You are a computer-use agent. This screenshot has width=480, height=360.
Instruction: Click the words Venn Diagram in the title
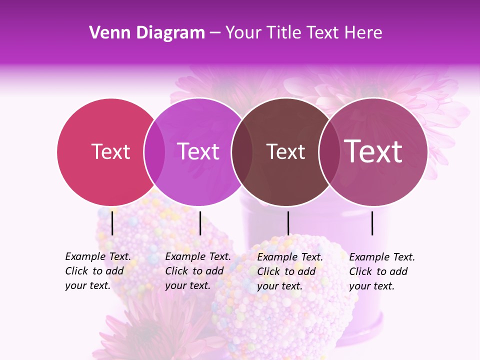point(147,33)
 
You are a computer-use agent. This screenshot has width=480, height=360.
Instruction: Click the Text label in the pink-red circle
point(110,151)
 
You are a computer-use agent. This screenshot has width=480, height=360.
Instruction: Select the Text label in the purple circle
point(198,151)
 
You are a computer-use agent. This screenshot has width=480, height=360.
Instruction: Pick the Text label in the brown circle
point(285,151)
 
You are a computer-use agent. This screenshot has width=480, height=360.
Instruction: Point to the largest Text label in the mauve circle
point(373,151)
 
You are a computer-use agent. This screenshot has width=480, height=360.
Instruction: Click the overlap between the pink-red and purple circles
point(154,152)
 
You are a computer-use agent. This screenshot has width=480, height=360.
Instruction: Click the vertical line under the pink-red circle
point(112,223)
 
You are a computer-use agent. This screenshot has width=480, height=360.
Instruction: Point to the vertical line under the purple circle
point(200,223)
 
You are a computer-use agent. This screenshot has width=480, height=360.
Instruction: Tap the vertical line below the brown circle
point(288,223)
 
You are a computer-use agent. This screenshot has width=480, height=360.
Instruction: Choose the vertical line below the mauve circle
point(372,223)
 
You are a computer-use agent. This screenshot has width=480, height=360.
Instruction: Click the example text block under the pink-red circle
point(97,271)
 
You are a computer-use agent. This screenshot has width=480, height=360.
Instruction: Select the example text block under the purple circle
point(197,271)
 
